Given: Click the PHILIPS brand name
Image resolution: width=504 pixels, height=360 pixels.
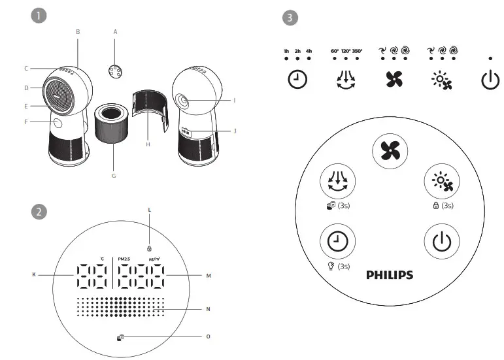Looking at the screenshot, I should coord(390,274).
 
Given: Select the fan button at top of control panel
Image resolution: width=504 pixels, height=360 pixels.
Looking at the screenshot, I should coord(390,151).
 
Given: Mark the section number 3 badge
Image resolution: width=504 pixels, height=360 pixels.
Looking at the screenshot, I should coord(290,18).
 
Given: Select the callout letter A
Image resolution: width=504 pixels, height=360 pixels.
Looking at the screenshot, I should coord(116,31).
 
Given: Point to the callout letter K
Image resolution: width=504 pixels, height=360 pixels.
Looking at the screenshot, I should coord(34,276).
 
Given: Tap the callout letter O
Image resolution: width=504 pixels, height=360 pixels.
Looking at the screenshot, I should coord(209,336).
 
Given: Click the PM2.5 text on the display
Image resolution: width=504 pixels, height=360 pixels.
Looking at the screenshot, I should coord(126,258).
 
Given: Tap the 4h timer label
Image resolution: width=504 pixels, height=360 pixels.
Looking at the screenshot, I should coord(309,50).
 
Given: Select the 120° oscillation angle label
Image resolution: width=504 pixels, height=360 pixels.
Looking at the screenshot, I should coord(346,50).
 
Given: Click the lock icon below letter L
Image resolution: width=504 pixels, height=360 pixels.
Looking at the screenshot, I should coord(149,249).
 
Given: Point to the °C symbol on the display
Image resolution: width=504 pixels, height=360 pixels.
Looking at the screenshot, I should coord(102,258).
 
